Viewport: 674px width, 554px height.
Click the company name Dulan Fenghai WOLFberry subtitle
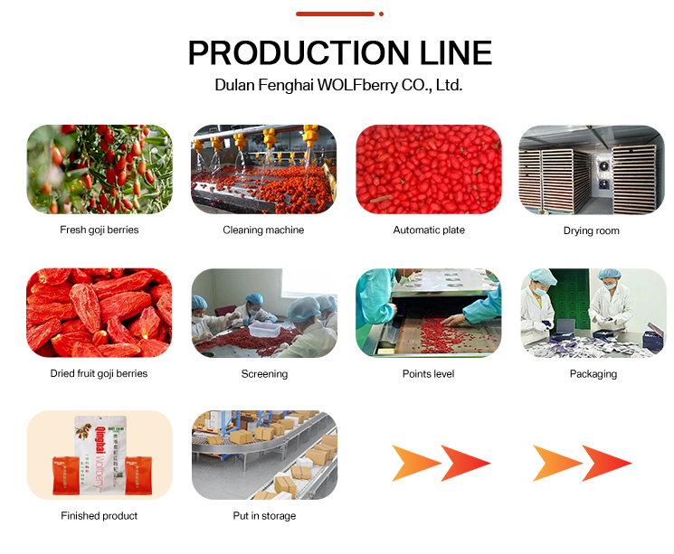tap(338, 86)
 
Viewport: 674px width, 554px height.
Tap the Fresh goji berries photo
tap(100, 169)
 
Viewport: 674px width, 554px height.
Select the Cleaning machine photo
tap(263, 169)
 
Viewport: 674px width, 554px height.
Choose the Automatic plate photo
tap(428, 169)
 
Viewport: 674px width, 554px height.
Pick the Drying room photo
tap(591, 169)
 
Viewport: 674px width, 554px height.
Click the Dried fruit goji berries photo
tap(100, 313)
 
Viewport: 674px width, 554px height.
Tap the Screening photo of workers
tap(263, 313)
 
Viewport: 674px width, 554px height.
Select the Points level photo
tap(428, 313)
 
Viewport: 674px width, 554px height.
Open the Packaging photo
tap(593, 313)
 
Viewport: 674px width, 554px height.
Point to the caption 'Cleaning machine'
tap(263, 230)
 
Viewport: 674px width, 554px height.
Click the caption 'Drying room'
tap(591, 231)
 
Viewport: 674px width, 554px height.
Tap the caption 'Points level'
tap(428, 373)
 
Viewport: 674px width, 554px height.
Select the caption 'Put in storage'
tap(264, 516)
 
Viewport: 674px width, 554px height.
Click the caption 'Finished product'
tap(100, 516)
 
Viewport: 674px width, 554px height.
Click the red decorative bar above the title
tap(335, 14)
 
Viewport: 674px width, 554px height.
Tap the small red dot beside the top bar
tap(382, 14)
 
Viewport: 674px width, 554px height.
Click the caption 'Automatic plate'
tap(429, 230)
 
